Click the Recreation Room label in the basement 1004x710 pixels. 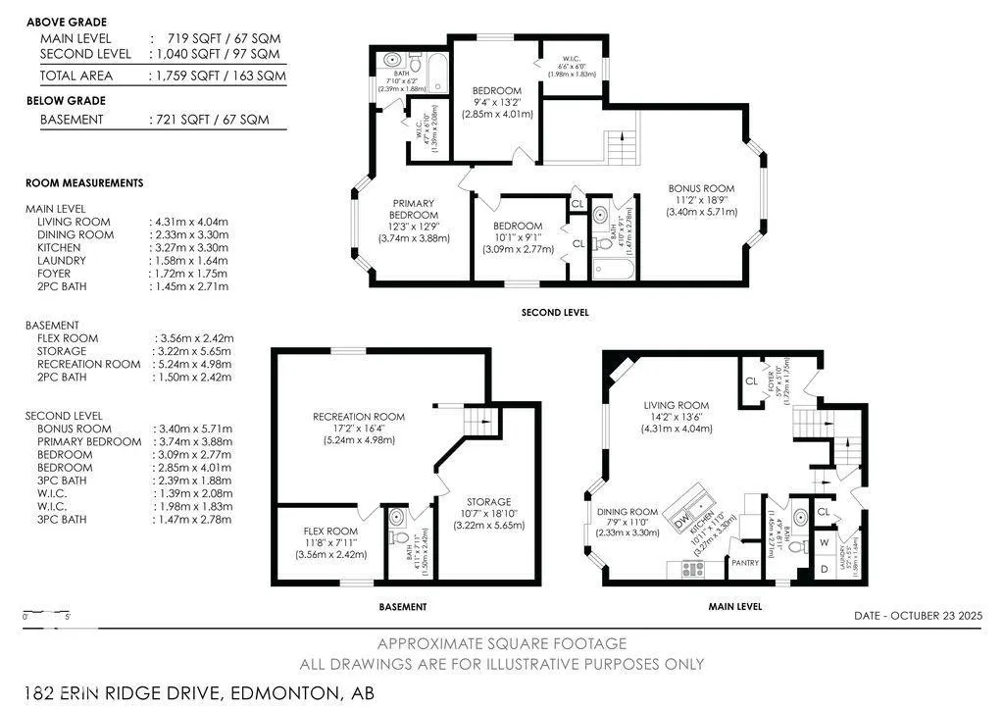[359, 417]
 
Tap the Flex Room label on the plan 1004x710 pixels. [330, 531]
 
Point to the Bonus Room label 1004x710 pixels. [700, 188]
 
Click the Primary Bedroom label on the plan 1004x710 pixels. [412, 209]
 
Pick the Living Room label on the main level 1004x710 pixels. [676, 405]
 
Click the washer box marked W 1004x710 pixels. [824, 542]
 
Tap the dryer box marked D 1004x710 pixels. [824, 568]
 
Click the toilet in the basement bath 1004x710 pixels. [397, 535]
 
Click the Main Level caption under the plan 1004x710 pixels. [734, 607]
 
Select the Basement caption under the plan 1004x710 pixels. [403, 607]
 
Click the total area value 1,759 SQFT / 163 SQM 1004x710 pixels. [214, 76]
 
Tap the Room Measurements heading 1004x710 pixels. [84, 182]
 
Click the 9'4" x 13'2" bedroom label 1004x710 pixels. [496, 102]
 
